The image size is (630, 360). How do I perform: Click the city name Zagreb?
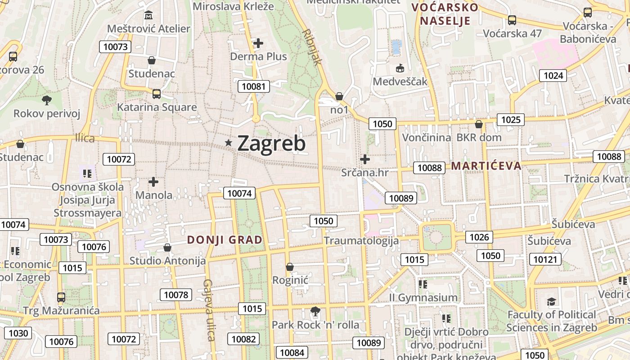tap(271, 143)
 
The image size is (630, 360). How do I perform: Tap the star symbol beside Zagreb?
tap(229, 143)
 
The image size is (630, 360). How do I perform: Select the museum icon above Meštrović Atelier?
tap(148, 16)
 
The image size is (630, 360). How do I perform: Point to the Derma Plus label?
tap(258, 57)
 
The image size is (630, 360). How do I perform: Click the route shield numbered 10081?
tap(254, 86)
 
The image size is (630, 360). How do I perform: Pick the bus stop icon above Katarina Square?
tap(157, 94)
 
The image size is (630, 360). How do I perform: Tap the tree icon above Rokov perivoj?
tap(46, 100)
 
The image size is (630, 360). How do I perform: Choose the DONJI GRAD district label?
tap(225, 240)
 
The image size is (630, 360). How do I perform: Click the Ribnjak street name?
tap(313, 47)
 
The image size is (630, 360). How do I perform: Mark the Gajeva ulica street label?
tap(208, 310)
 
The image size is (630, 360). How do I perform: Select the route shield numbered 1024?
tap(553, 75)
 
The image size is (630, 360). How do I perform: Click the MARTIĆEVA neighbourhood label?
tap(486, 166)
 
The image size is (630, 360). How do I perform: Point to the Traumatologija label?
tap(361, 241)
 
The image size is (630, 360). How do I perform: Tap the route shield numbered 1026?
tap(479, 237)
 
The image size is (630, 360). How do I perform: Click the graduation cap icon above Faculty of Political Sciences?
tap(551, 301)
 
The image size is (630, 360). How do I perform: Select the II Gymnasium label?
tap(423, 297)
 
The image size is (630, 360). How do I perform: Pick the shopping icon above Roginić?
tap(290, 267)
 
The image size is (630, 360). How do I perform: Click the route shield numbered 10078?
tap(176, 295)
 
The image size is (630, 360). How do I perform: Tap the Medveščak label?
tap(400, 82)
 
